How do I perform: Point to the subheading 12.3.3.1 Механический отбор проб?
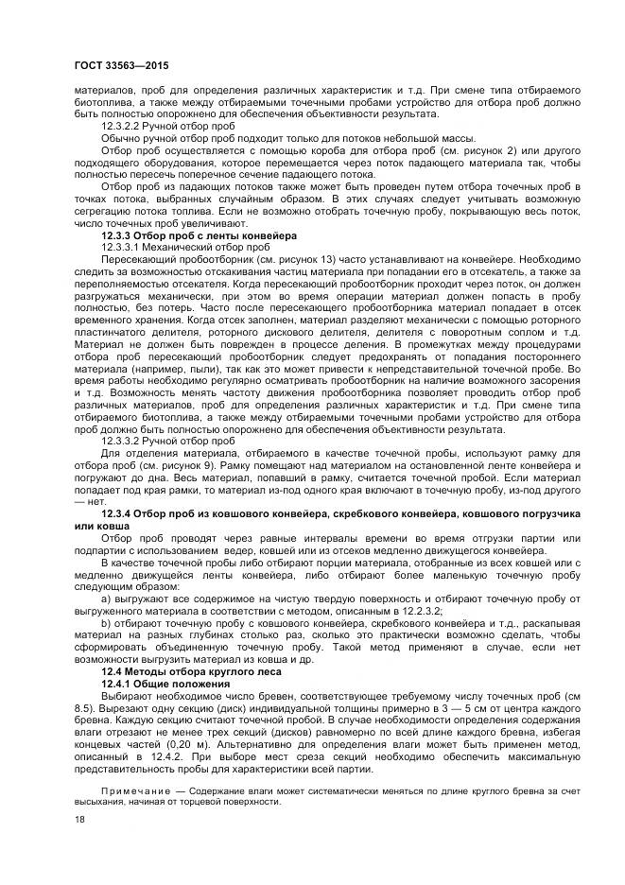[x=178, y=246]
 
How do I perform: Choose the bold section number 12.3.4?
[x=122, y=512]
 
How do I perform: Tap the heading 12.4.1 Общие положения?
[x=169, y=682]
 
